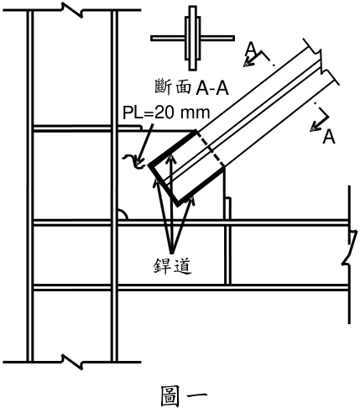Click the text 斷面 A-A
point(191,87)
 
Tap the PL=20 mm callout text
point(166,112)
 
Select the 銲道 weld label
point(173,265)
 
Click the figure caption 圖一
point(184,395)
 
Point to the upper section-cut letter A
point(251,49)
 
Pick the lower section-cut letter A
point(329,137)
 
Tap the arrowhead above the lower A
point(316,127)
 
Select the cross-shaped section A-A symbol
point(192,38)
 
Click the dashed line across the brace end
point(211,149)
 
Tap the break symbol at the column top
point(72,10)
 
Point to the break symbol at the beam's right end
point(350,248)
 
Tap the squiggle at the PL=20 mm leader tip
point(133,162)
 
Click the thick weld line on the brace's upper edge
point(173,148)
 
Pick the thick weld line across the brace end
point(163,185)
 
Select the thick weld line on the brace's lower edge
point(201,186)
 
